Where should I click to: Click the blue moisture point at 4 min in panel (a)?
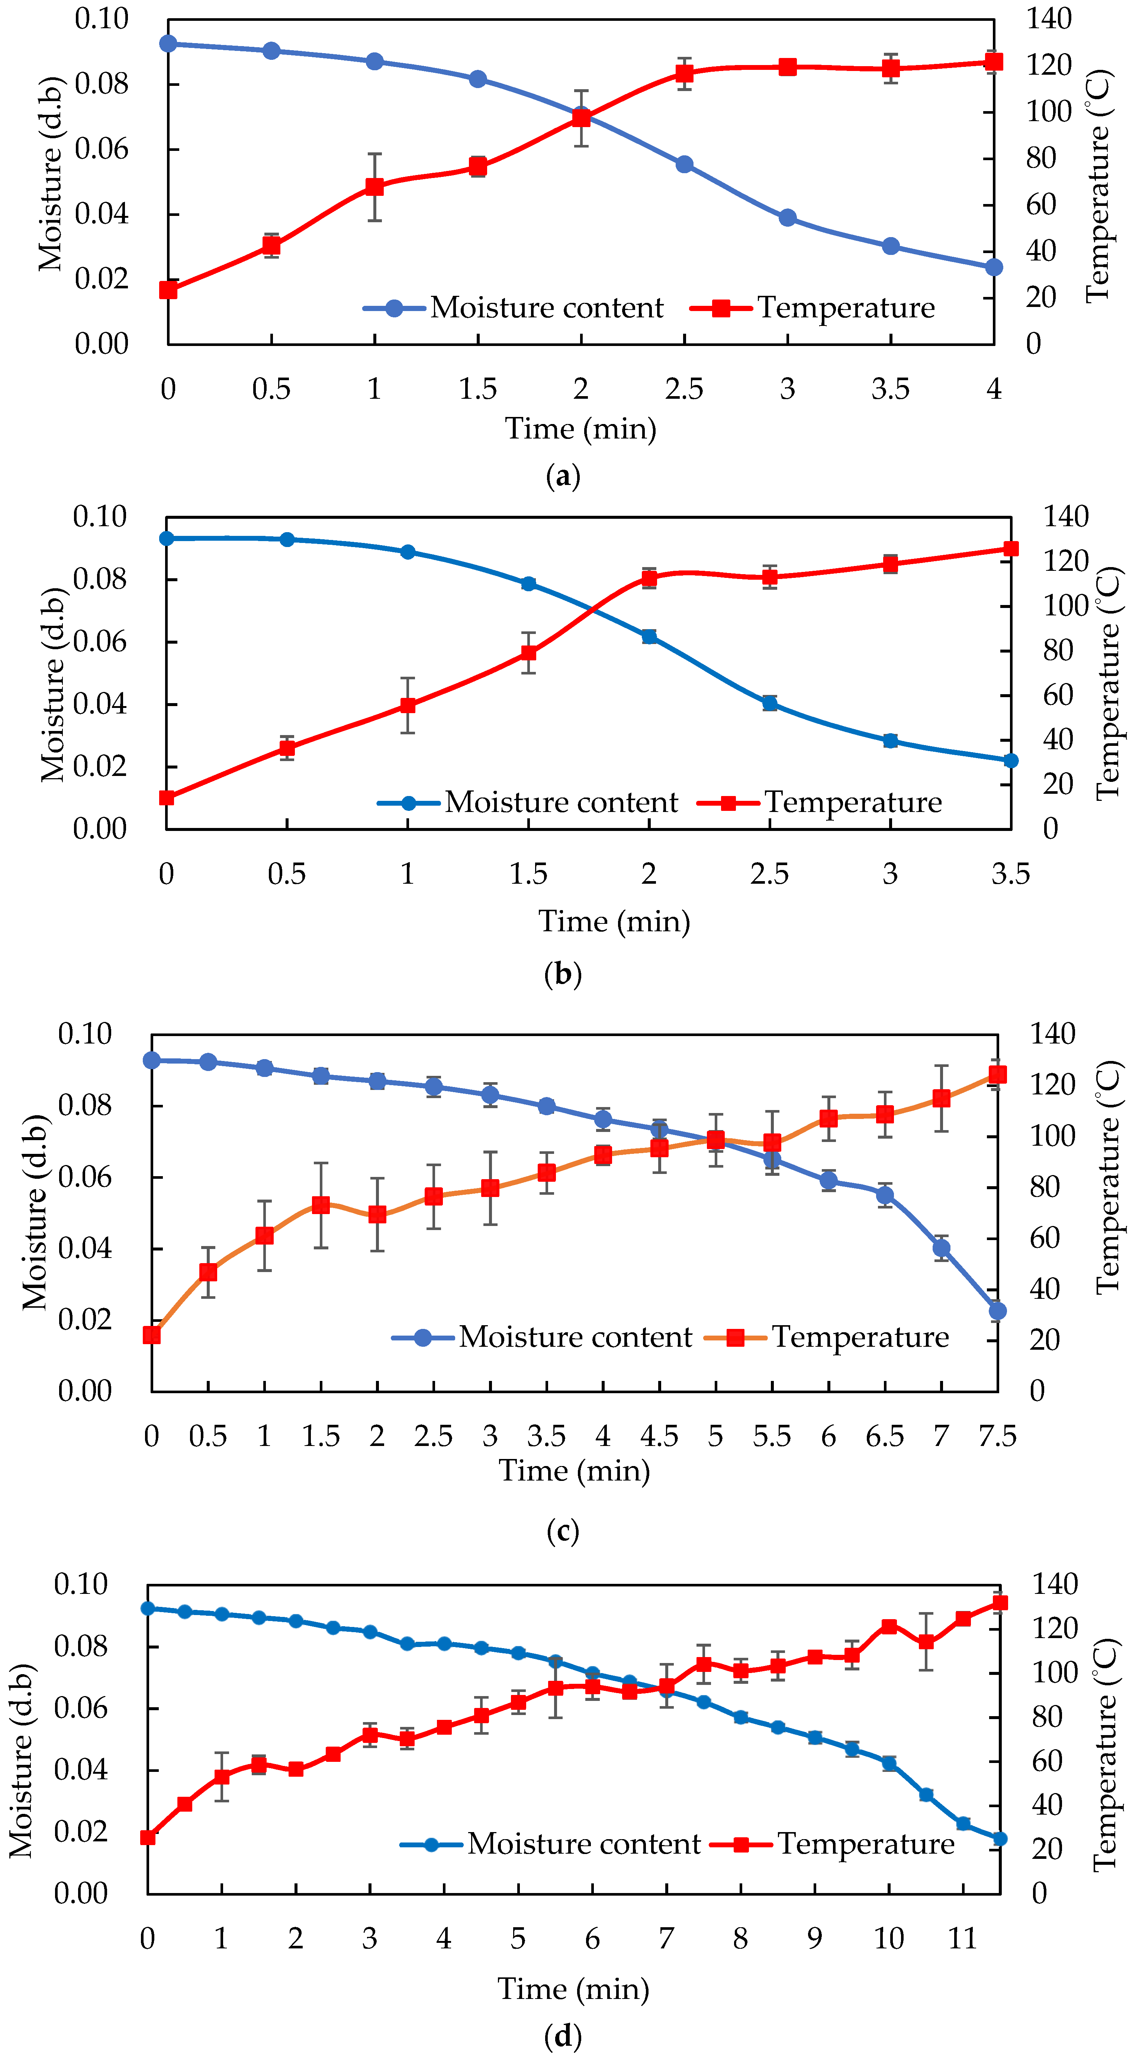[993, 267]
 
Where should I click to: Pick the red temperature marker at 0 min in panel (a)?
[168, 289]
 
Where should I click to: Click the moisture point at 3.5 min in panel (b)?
[1010, 760]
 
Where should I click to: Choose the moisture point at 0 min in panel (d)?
[147, 1608]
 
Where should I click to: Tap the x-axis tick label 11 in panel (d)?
[963, 1939]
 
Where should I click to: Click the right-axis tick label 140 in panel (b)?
[1065, 517]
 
